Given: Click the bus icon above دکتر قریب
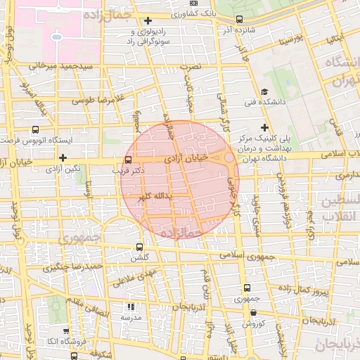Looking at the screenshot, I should coord(127,160).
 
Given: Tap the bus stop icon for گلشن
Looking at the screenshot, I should coord(139,247).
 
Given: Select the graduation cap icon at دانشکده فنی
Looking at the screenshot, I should coord(264,92).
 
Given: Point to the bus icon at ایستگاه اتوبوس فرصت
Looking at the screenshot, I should coord(35,130).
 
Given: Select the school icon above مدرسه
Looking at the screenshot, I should coord(130,307).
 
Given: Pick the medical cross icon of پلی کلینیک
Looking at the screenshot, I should coord(264,127).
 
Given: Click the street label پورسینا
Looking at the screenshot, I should coord(291,41).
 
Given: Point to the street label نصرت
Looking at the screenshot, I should coord(191,65).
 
